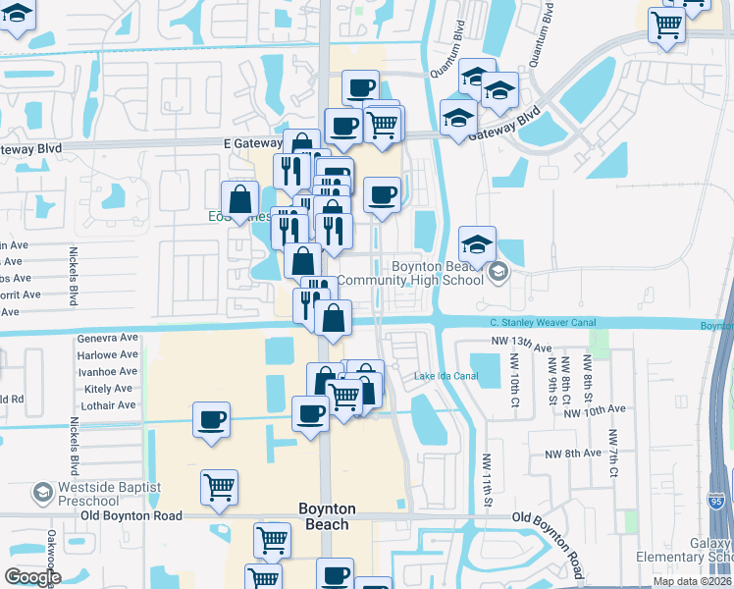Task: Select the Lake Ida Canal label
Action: [446, 376]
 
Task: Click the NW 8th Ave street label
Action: [573, 454]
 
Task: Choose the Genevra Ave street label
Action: [107, 338]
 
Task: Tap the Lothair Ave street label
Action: [108, 405]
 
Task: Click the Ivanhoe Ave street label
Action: [107, 372]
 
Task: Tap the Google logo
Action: [32, 577]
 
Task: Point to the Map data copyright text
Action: [693, 581]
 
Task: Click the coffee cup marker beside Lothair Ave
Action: [211, 420]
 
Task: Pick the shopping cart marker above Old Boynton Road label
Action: [219, 486]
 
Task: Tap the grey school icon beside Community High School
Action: [498, 272]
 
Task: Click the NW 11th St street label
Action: [486, 479]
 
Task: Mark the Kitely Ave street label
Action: [109, 389]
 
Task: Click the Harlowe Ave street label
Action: [107, 354]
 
